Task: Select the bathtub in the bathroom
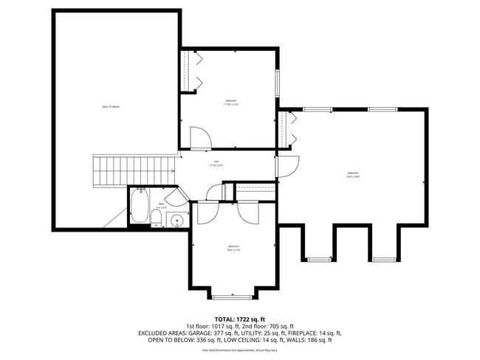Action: coord(139,206)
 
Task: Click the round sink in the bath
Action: coord(176,219)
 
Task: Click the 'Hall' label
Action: coord(216,163)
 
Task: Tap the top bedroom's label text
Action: coord(232,102)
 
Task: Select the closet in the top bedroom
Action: coord(190,72)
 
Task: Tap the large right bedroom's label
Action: coord(353,175)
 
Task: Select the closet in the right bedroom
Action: coord(286,128)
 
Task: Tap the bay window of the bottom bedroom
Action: coord(233,297)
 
